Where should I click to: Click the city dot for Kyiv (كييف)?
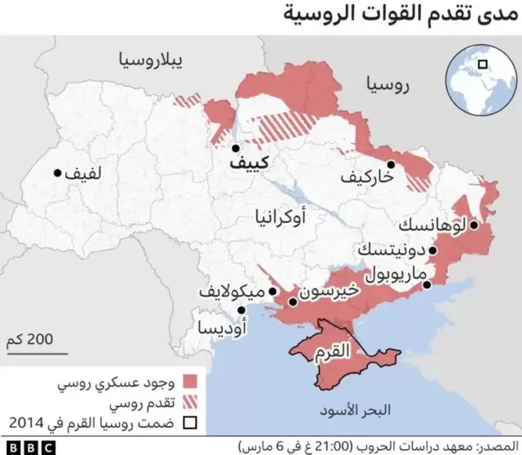point(235,149)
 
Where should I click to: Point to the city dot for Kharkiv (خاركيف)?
point(391,164)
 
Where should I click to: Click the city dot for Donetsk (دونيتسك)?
point(434,251)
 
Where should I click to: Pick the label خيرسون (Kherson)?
point(330,290)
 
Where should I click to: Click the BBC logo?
point(28,447)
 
